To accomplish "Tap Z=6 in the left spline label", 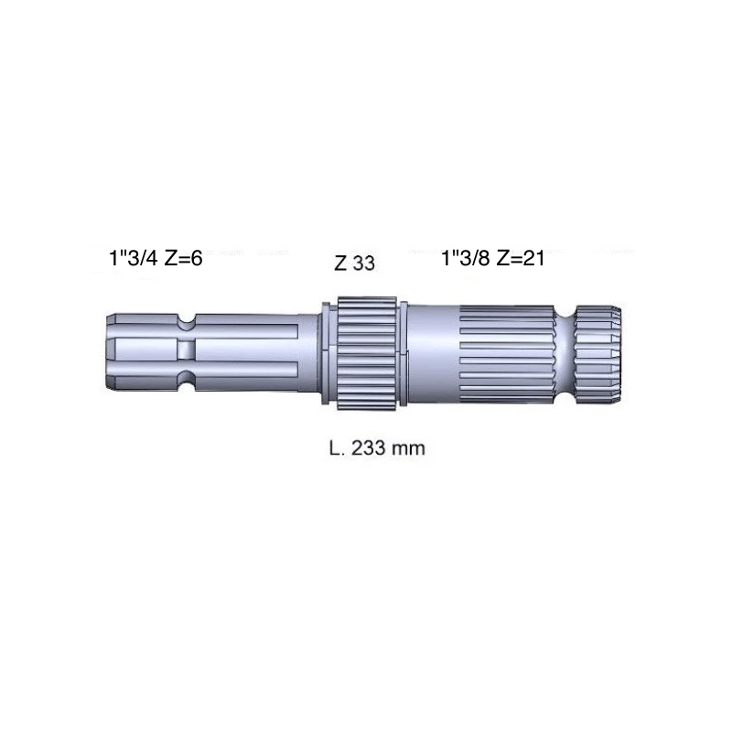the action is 184,258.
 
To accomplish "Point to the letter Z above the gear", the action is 340,264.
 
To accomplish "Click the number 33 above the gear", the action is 363,264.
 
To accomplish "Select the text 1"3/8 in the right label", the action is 466,258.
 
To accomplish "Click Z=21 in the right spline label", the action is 521,258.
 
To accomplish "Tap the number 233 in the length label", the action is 369,448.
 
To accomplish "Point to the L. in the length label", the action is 337,448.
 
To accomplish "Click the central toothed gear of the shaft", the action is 367,353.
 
